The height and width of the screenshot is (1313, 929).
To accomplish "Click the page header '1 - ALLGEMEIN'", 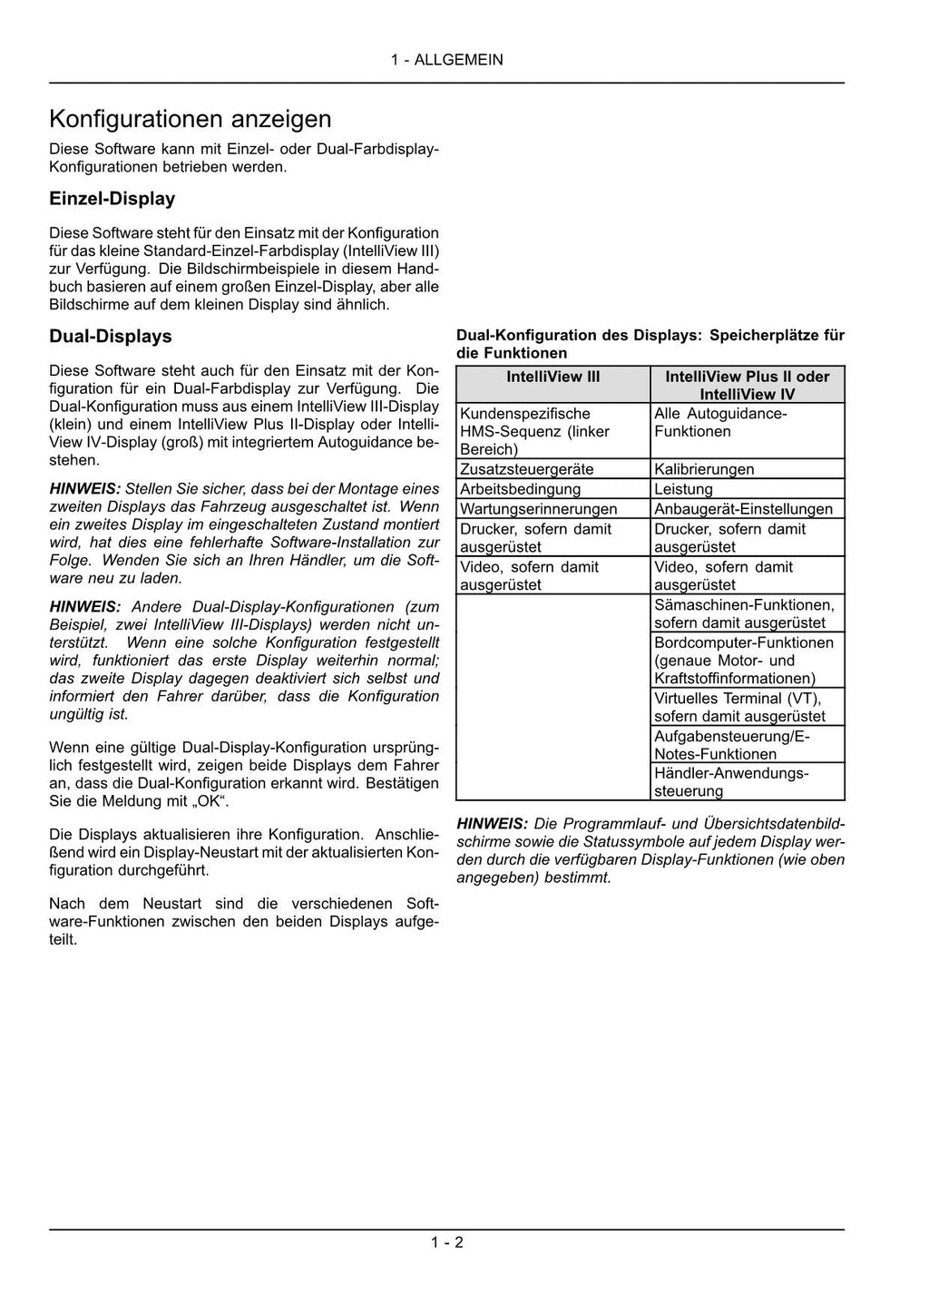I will coord(446,60).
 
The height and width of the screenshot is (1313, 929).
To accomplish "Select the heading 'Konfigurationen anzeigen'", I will coord(191,119).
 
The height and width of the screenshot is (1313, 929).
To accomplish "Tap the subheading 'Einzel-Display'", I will coord(112,199).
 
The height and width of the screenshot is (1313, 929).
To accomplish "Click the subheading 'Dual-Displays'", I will coord(110,337).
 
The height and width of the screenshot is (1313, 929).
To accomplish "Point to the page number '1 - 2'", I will coord(446,1242).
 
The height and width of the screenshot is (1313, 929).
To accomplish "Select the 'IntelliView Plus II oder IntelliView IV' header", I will coord(747,385).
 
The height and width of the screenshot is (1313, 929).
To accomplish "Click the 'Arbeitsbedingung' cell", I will coord(520,489).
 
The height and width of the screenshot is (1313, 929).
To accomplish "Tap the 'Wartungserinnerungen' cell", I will coord(538,509).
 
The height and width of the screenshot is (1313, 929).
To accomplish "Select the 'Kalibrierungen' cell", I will coord(704,469).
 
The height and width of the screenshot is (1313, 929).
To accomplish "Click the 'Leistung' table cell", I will coord(683,489).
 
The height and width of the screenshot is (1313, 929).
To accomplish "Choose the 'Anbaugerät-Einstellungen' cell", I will coord(743,509).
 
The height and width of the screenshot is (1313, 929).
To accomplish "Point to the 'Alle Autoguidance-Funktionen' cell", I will coord(720,423).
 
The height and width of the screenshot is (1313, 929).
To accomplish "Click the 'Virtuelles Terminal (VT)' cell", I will coord(738,707).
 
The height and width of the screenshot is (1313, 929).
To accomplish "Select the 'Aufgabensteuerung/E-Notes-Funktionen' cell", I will coord(732,744).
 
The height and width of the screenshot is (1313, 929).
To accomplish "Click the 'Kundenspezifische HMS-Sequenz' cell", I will coord(534,431).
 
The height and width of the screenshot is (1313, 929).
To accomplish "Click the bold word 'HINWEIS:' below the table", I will coord(492,824).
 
